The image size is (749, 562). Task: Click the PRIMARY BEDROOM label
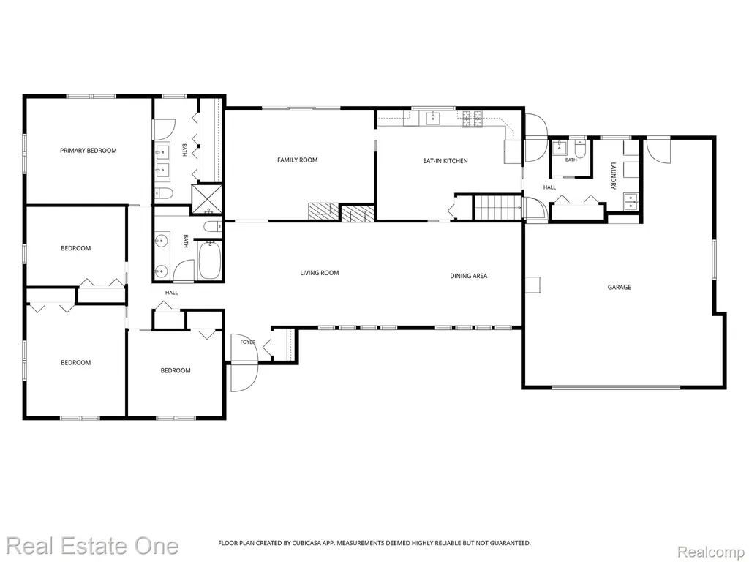(89, 151)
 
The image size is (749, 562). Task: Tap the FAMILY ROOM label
(297, 160)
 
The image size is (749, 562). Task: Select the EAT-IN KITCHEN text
(445, 161)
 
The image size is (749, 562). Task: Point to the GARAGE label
(619, 287)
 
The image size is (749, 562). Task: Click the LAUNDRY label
(614, 176)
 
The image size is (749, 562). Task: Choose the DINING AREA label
(469, 276)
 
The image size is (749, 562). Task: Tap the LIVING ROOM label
(320, 273)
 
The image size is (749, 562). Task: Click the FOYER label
(247, 342)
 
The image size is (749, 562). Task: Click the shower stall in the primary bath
(207, 199)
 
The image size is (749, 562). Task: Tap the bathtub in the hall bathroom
(209, 261)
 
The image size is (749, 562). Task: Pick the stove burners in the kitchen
(472, 119)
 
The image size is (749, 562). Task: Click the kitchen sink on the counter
(434, 118)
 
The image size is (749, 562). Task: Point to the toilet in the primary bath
(163, 193)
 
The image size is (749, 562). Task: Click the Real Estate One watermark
(92, 546)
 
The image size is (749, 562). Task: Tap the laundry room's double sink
(631, 201)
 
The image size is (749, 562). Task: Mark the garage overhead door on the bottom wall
(616, 386)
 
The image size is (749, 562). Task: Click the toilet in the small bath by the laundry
(580, 150)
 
